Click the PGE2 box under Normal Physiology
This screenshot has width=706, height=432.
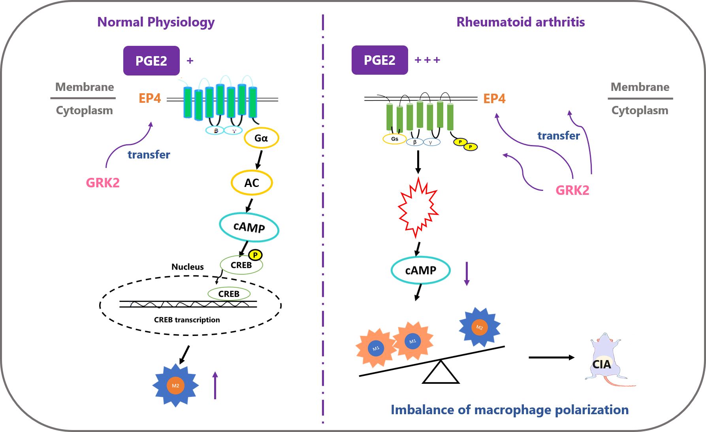pos(151,61)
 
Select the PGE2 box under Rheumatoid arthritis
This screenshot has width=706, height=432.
pos(380,60)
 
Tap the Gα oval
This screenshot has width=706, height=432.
pos(261,138)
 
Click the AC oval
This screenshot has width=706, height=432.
pos(252,183)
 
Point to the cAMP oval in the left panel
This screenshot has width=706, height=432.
pos(249,227)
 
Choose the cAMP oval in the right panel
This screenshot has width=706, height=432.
pos(420,270)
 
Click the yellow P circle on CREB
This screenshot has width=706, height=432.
pos(255,255)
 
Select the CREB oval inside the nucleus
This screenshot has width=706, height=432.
pos(229,294)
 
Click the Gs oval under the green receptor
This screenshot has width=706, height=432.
pos(394,139)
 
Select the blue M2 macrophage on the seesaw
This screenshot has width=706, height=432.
pos(479,327)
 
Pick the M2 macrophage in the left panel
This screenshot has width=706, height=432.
pos(175,385)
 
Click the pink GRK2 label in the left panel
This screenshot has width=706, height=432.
pos(103,183)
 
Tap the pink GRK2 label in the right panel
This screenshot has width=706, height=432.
pos(572,190)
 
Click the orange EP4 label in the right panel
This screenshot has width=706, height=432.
pos(494,98)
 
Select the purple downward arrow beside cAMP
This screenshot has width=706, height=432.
pos(467,274)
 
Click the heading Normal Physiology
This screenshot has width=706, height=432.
pos(156,22)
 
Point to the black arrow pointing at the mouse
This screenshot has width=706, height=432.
pos(551,357)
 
